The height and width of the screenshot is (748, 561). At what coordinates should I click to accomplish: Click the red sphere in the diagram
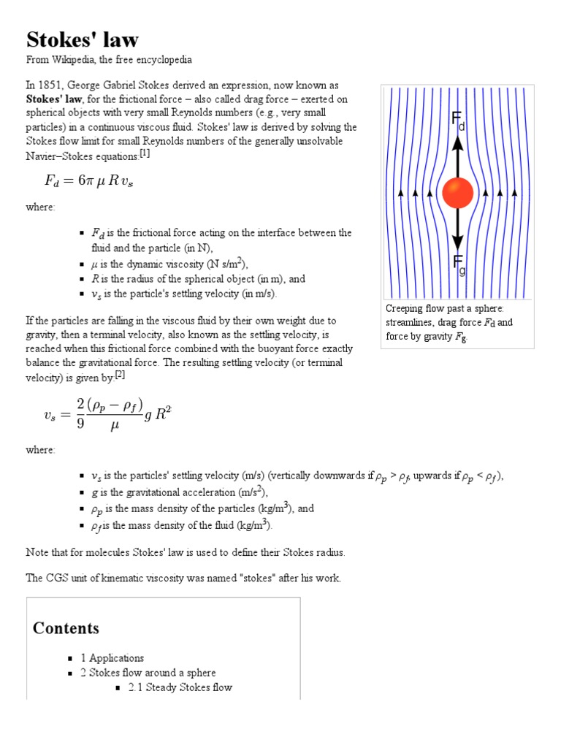458,193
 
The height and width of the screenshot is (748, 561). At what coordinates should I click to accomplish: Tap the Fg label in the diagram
459,265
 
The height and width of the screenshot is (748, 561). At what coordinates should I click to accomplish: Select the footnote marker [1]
145,153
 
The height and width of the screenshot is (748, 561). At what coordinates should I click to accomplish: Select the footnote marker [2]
121,375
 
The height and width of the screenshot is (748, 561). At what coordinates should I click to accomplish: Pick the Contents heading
66,628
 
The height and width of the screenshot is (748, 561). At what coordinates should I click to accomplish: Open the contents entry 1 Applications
112,658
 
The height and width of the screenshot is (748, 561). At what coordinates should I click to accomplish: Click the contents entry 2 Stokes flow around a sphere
148,673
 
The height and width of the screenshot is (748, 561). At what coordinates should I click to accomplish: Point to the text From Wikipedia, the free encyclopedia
109,59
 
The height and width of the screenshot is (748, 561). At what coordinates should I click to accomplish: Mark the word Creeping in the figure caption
405,309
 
